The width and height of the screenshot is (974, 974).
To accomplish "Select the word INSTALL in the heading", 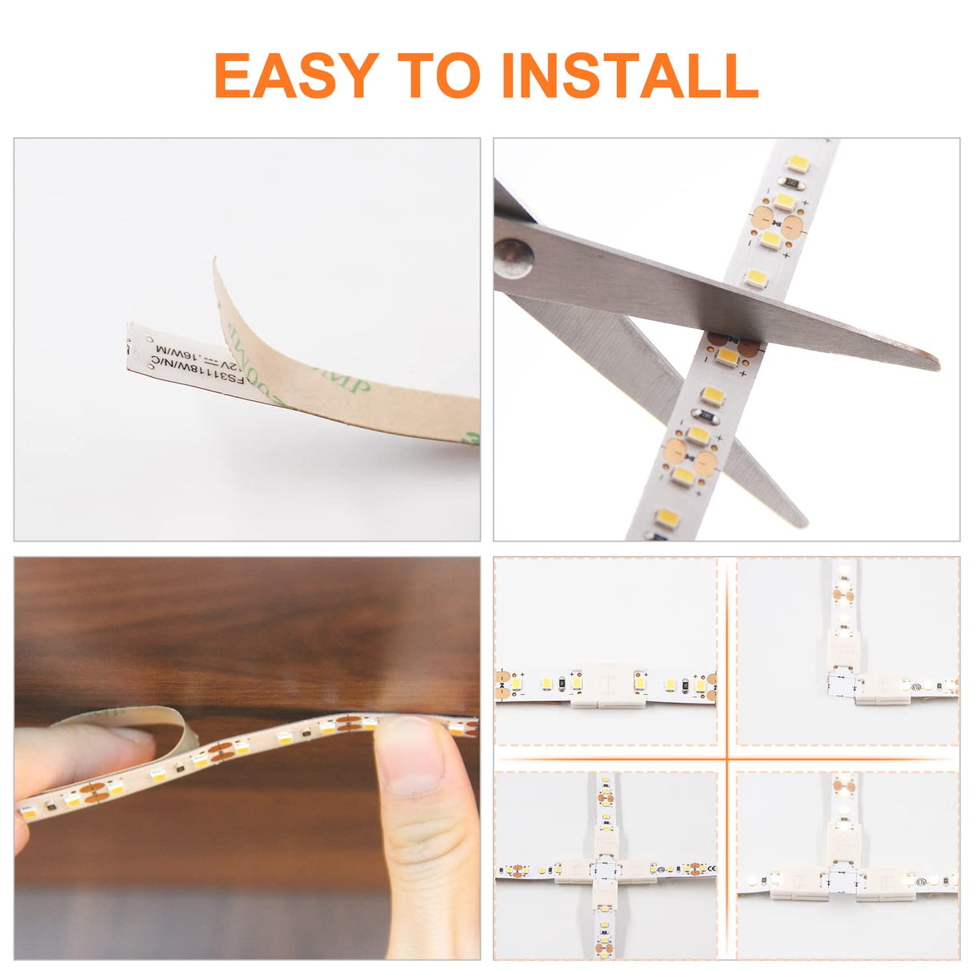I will (x=629, y=76).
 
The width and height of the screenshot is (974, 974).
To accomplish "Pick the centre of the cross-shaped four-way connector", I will (x=606, y=870).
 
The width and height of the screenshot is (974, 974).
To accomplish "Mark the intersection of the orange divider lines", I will (x=727, y=758).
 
